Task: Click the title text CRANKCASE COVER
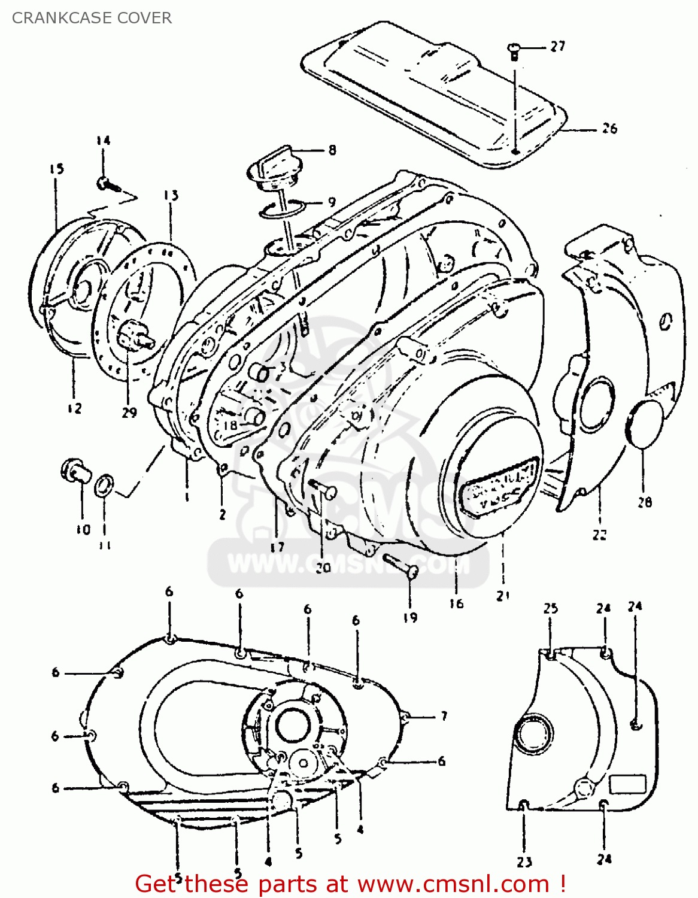[x=92, y=18]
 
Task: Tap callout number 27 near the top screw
[x=557, y=46]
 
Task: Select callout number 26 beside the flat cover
[x=609, y=129]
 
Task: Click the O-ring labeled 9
[x=283, y=208]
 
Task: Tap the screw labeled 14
[x=106, y=183]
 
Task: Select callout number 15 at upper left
[x=56, y=169]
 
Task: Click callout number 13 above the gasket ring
[x=171, y=195]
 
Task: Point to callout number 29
[x=129, y=412]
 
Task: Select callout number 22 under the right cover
[x=599, y=535]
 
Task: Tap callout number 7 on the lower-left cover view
[x=444, y=716]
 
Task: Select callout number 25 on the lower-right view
[x=550, y=608]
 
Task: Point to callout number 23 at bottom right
[x=524, y=862]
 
